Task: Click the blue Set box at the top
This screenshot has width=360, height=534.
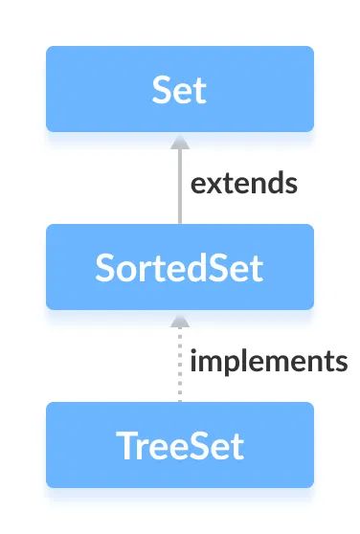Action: (x=179, y=89)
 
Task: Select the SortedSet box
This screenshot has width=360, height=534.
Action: (x=179, y=267)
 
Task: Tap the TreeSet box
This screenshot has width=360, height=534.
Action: (x=179, y=445)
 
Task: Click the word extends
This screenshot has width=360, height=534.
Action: (x=243, y=184)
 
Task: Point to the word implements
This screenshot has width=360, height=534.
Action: (x=268, y=362)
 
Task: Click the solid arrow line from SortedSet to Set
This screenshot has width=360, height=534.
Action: (x=179, y=187)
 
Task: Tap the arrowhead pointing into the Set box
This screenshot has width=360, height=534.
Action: (x=179, y=141)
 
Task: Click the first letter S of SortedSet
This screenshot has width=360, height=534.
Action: (x=105, y=268)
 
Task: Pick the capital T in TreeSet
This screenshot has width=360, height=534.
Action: (x=124, y=446)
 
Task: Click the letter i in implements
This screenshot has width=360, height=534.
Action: (x=194, y=362)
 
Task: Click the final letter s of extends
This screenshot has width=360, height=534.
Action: (x=290, y=185)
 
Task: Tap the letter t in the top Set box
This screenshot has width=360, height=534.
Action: (x=199, y=90)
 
